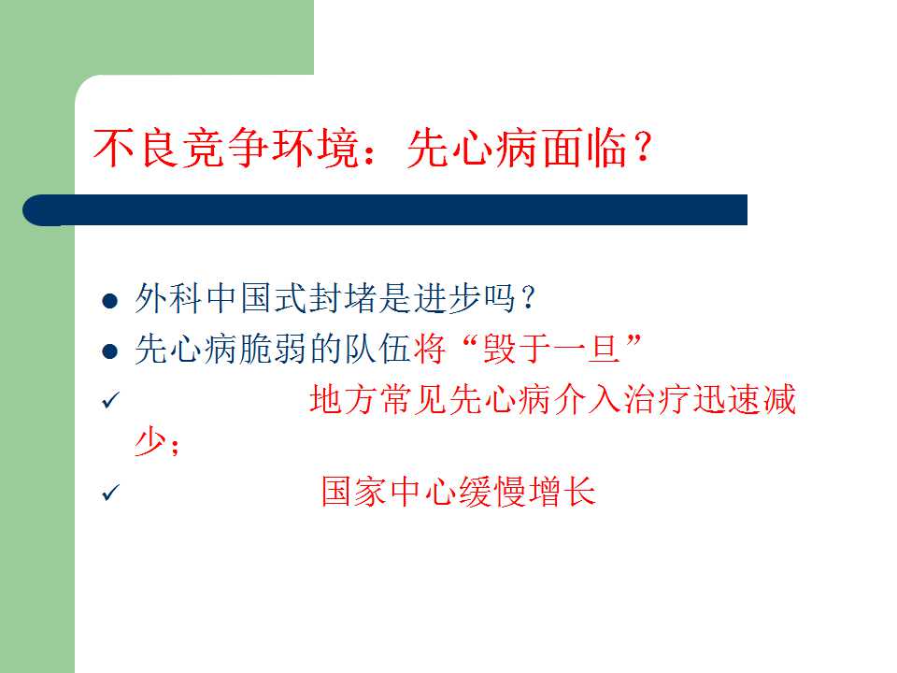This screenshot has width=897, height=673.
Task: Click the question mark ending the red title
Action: point(643,148)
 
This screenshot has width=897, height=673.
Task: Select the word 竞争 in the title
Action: point(223,148)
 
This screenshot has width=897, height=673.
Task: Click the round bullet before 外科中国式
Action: point(110,300)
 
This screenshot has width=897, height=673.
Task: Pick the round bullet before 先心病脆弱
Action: point(110,351)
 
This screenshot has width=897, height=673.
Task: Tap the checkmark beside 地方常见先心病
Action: point(110,400)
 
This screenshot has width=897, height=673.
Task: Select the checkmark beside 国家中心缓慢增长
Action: point(110,493)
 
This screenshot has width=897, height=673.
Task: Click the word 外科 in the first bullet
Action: point(168,298)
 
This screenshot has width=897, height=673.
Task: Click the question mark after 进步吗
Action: point(528,297)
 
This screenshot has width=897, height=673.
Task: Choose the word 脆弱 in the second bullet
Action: point(272,349)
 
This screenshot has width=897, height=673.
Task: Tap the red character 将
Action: point(430,349)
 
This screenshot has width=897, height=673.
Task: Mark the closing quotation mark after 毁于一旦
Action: point(634,342)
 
